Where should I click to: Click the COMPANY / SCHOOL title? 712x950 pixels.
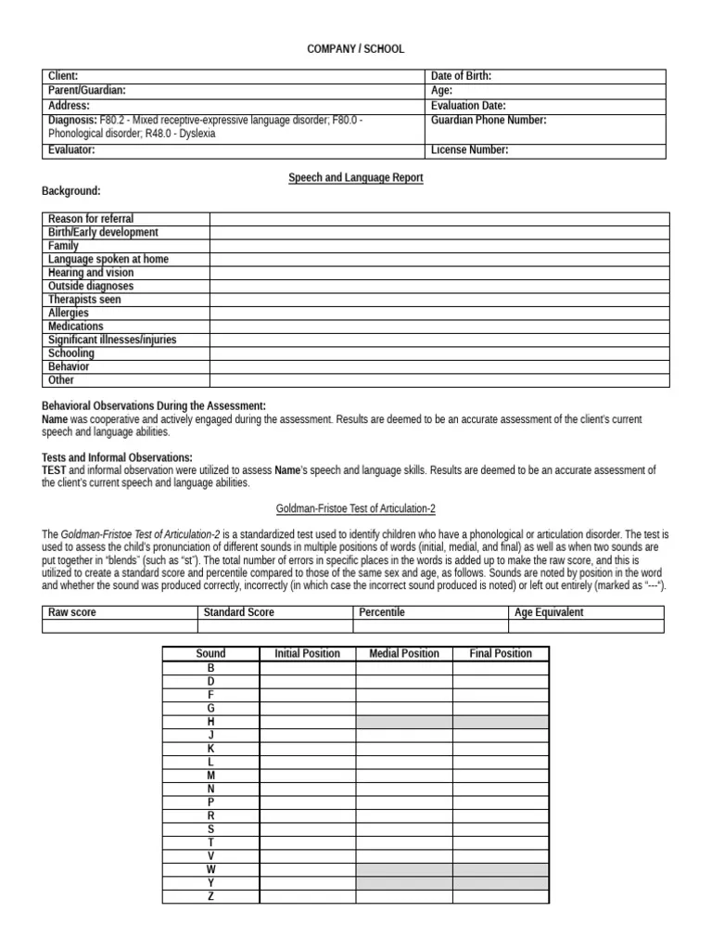(x=356, y=49)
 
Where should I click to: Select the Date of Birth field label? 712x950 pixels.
(x=462, y=76)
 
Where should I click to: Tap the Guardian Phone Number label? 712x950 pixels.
(x=489, y=120)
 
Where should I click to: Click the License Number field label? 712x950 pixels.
(x=470, y=150)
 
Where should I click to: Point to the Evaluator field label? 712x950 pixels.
(x=74, y=150)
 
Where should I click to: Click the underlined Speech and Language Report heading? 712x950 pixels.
(x=356, y=177)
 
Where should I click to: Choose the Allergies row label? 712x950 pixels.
(x=69, y=314)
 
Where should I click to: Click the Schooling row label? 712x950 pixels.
(x=71, y=353)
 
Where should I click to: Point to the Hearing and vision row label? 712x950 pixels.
(x=91, y=273)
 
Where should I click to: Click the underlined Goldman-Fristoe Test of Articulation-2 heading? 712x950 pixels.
(x=356, y=509)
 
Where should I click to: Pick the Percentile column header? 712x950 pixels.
(x=382, y=612)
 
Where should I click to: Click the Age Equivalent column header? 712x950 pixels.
(x=550, y=612)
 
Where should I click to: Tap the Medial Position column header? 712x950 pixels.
(x=404, y=653)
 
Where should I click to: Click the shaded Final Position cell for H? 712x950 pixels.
(x=501, y=722)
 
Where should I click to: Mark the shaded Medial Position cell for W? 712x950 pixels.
(x=404, y=870)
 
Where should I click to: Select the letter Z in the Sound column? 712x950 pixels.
(x=211, y=897)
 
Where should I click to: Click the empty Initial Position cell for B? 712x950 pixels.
(x=308, y=668)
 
